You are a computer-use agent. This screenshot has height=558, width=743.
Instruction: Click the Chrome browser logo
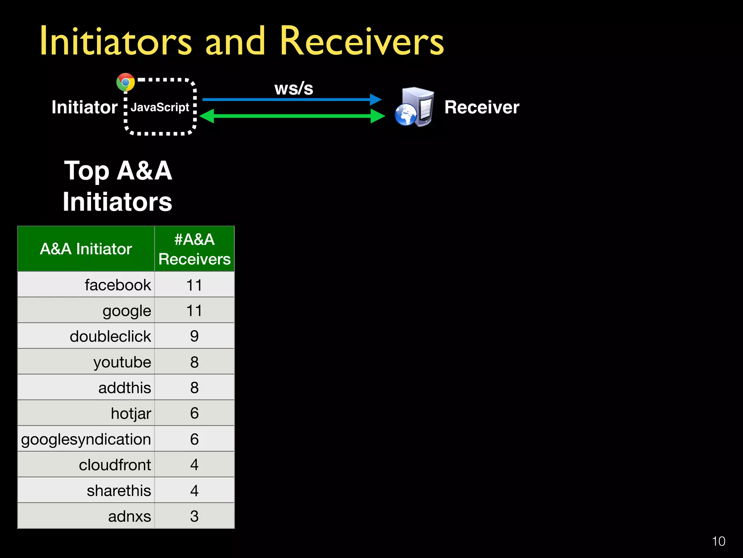coord(126,82)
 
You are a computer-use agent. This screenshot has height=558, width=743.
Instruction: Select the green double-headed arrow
coord(292,116)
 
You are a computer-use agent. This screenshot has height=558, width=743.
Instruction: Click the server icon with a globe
coord(415,107)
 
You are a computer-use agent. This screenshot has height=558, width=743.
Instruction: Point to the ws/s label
coord(293,88)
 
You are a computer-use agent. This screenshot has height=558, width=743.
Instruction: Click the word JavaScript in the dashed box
coord(160,107)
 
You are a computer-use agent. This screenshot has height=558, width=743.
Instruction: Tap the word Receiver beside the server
coord(482,107)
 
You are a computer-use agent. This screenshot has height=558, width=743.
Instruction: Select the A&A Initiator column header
coord(86,249)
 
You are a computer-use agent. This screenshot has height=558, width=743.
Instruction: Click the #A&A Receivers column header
coord(194,249)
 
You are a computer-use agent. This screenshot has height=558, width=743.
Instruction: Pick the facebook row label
coord(118,285)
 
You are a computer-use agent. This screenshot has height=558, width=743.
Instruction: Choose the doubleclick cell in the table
coord(110,336)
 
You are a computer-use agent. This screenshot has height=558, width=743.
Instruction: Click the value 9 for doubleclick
coord(194,336)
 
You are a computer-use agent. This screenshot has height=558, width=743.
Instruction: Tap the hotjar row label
coord(131,413)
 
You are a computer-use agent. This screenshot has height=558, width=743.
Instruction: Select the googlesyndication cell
coord(86,439)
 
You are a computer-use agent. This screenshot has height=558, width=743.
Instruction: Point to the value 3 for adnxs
coord(194,516)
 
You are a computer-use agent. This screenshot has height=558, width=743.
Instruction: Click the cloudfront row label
coord(115,465)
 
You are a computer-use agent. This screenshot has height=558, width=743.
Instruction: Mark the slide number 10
coord(718,541)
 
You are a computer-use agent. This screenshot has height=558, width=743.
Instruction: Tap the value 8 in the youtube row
coord(194,362)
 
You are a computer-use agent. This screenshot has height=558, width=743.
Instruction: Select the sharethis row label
coord(119,491)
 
